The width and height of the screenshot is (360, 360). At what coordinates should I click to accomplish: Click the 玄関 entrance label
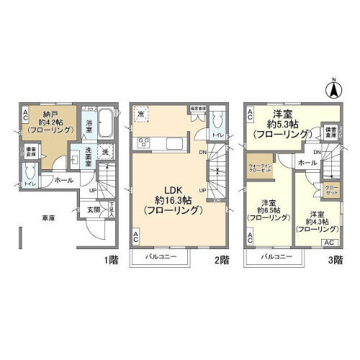(94, 210)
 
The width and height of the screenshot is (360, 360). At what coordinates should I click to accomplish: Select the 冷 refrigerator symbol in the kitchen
(142, 116)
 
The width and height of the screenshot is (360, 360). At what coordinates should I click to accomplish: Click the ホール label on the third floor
(305, 163)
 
